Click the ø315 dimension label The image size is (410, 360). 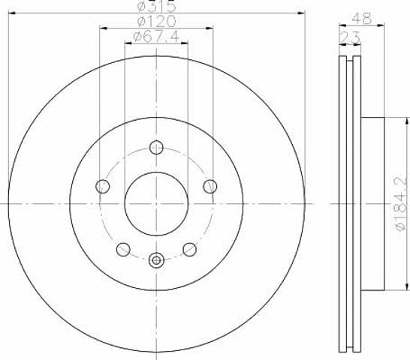coord(157,7)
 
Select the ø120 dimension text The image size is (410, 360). coord(157,22)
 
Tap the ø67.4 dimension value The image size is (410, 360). coord(156,37)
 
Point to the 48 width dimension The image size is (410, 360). coord(362,18)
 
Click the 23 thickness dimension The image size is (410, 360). coord(350,38)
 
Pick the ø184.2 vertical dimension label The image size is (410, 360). coord(402,203)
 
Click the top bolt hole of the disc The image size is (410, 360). coord(156,147)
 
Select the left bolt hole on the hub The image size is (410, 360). coord(103,186)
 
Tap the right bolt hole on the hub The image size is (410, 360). coord(210,186)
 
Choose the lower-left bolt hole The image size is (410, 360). coord(123,249)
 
